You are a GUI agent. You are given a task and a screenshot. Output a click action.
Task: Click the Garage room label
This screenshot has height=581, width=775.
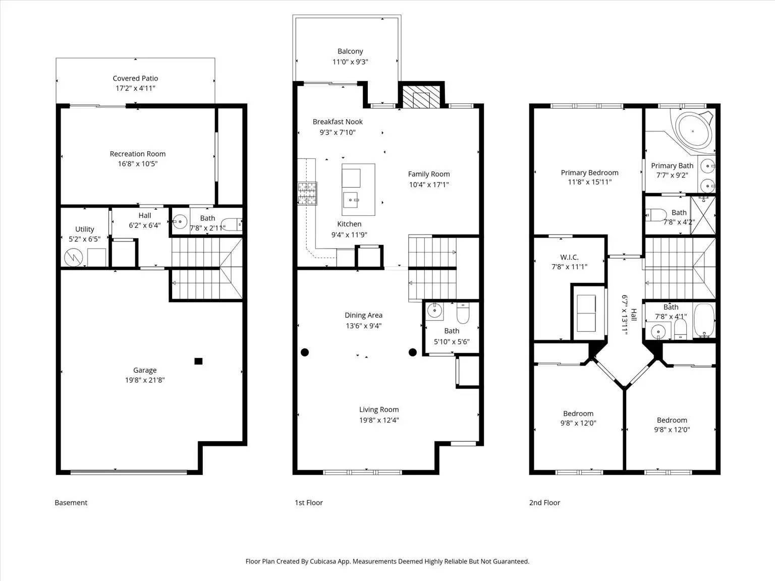(x=145, y=370)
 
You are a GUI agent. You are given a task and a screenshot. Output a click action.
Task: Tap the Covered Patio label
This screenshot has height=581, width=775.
(x=135, y=78)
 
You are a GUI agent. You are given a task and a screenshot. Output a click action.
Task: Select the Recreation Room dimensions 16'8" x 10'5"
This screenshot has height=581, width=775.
(x=138, y=164)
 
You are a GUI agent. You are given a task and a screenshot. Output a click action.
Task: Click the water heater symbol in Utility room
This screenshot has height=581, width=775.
(x=74, y=258)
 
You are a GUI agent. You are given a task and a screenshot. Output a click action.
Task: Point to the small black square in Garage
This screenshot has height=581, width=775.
(x=198, y=361)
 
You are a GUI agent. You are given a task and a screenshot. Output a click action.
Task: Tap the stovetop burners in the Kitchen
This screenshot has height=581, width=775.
(x=307, y=193)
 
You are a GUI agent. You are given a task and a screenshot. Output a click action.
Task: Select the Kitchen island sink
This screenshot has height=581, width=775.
(x=351, y=200)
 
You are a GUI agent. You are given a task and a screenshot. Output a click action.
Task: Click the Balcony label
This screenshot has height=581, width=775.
(x=350, y=51)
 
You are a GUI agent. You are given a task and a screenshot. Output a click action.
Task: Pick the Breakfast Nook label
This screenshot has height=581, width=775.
(x=338, y=122)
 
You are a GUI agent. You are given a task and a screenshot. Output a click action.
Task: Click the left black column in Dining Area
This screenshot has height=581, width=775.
(x=305, y=352)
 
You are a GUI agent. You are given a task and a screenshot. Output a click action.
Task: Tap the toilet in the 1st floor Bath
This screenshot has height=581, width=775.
(x=463, y=313)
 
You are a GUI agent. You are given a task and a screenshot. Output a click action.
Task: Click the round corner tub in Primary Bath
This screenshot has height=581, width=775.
(x=693, y=131)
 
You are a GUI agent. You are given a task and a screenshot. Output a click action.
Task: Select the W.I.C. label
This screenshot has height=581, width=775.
(x=569, y=257)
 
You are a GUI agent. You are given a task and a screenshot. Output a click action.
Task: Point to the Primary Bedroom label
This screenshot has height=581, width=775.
(x=590, y=172)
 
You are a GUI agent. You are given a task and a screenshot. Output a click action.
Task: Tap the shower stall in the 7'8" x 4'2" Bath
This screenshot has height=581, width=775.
(x=703, y=215)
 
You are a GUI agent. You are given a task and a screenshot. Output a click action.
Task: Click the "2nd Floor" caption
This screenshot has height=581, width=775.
(x=544, y=503)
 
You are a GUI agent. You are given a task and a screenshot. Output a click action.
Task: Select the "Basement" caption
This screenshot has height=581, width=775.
(x=71, y=503)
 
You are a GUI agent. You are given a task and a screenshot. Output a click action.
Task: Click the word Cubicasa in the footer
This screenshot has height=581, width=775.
(x=322, y=561)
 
